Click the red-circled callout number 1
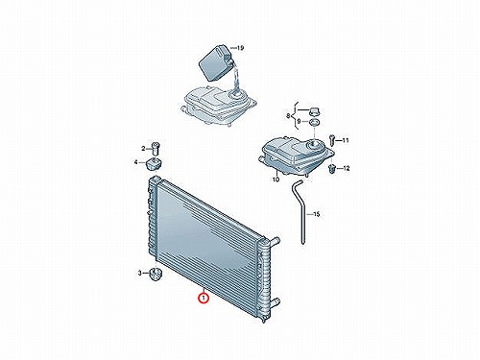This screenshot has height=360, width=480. click(x=204, y=298)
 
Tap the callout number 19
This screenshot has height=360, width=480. click(x=240, y=48)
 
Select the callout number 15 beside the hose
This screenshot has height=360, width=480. click(x=316, y=214)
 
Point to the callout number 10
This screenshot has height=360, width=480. click(x=276, y=180)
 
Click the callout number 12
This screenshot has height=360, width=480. click(x=346, y=168)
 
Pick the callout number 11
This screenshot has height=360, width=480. click(x=346, y=140)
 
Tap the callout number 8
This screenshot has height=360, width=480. click(x=288, y=115)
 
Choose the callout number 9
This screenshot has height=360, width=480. click(x=299, y=122)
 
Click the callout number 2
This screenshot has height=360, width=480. click(x=143, y=149)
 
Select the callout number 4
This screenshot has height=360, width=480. click(x=136, y=162)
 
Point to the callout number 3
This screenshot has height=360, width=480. click(x=139, y=273)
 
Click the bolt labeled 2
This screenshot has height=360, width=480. click(x=156, y=149)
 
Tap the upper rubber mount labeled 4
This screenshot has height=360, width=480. click(x=154, y=164)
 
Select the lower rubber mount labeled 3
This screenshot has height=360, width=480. click(x=156, y=274)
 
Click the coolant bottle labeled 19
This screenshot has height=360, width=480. click(x=215, y=63)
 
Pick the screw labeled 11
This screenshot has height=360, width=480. click(x=331, y=139)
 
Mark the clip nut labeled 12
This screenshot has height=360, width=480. click(x=332, y=169)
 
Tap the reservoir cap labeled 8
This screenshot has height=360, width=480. click(x=314, y=112)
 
